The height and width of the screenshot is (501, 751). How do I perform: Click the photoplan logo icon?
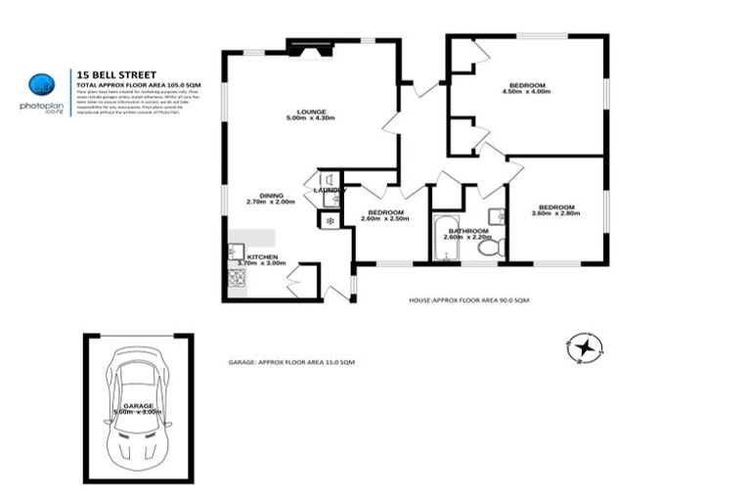pyautogui.click(x=40, y=85)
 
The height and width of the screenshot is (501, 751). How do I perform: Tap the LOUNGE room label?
pyautogui.click(x=312, y=112)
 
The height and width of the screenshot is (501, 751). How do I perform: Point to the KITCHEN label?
pyautogui.click(x=248, y=256)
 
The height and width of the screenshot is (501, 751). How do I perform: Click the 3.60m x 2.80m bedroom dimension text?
pyautogui.click(x=555, y=213)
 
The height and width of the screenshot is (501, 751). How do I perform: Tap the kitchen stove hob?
pyautogui.click(x=237, y=278)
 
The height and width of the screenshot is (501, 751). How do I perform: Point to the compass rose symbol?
pyautogui.click(x=586, y=346)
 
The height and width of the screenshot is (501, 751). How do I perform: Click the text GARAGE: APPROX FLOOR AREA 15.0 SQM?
pyautogui.click(x=291, y=362)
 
